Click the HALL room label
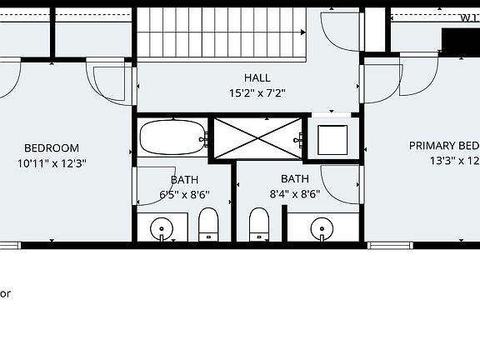pyautogui.click(x=257, y=77)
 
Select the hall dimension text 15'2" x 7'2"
pyautogui.click(x=257, y=93)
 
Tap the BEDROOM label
pyautogui.click(x=52, y=148)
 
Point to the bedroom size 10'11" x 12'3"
pyautogui.click(x=52, y=163)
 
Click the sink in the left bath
pyautogui.click(x=160, y=227)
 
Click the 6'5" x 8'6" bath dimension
pyautogui.click(x=184, y=195)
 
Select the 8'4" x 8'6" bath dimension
pyautogui.click(x=294, y=195)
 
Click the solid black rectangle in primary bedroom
pyautogui.click(x=460, y=42)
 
